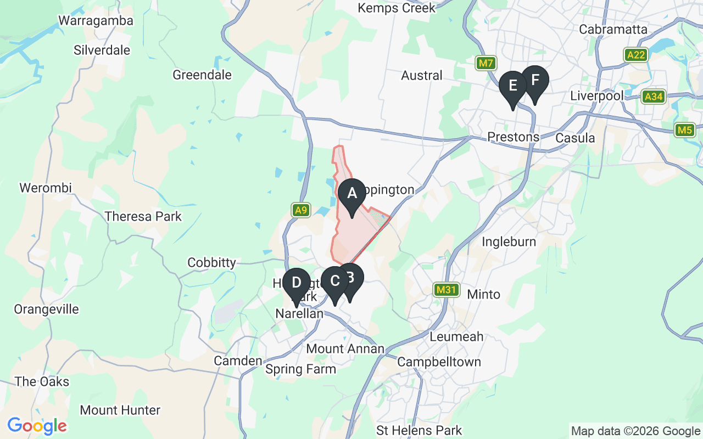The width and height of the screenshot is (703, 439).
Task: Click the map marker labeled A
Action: coord(351,194)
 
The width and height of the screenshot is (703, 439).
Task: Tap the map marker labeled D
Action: coord(297,283)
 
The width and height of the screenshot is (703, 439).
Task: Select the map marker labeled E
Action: coord(513,86)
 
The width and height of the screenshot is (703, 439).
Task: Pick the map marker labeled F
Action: coord(535,81)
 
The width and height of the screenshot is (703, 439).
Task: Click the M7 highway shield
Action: coord(486,64)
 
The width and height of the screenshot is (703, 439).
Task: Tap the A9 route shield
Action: coord(300,210)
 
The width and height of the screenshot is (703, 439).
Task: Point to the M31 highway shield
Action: coord(445,289)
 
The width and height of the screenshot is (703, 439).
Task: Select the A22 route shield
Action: coord(637,55)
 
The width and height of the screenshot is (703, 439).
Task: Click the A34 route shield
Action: coord(654,97)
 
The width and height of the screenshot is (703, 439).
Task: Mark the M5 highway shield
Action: coord(684,130)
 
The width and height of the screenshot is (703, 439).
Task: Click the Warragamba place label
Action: coord(96,21)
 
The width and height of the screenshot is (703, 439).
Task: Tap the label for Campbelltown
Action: coord(439,362)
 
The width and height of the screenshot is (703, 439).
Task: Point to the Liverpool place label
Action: coord(597,95)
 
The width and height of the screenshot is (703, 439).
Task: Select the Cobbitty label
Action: coord(211,262)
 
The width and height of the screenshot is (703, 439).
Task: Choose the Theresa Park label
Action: coord(143,216)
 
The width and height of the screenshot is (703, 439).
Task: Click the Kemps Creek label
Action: coord(396,8)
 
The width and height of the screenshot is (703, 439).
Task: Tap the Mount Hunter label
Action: coord(120,410)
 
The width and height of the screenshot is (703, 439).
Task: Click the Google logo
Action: coord(37,426)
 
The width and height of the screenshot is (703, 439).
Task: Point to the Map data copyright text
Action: coord(635,431)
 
